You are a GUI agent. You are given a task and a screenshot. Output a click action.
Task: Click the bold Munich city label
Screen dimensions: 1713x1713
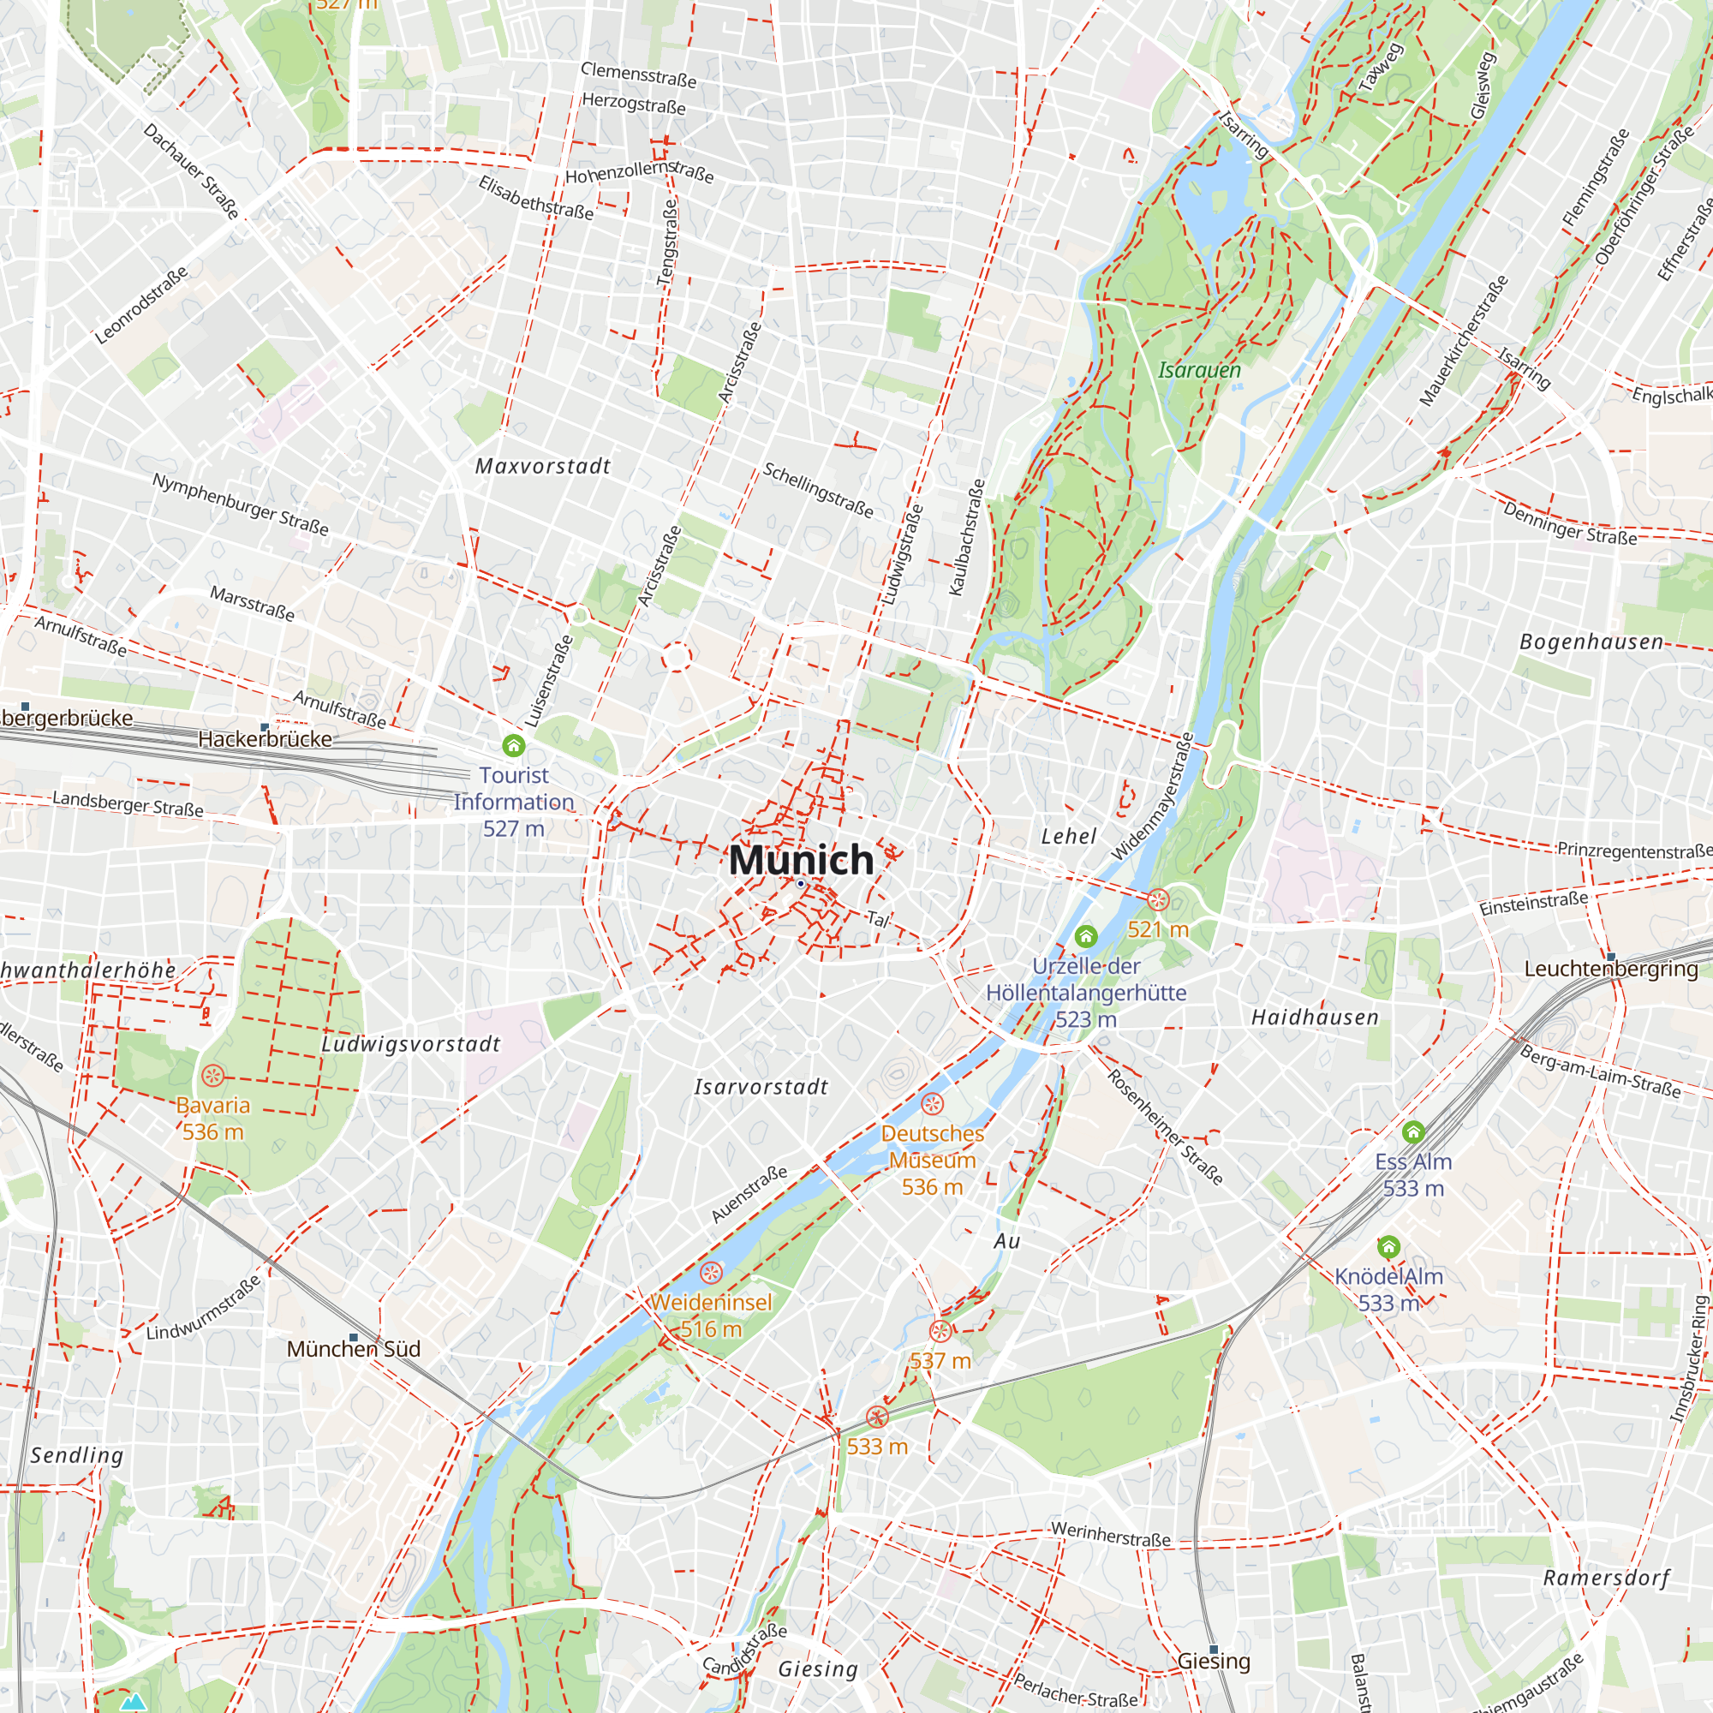(801, 860)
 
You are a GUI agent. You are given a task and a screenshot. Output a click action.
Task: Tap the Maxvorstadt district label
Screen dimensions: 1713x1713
(543, 467)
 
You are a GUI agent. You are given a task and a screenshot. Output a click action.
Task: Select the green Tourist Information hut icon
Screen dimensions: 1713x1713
(513, 745)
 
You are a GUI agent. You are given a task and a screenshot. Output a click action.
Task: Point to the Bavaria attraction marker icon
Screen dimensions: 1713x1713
(212, 1076)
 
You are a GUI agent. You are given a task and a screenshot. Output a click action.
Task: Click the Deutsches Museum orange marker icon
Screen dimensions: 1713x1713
(932, 1104)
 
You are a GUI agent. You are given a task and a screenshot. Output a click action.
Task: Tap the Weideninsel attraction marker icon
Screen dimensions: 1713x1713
(711, 1274)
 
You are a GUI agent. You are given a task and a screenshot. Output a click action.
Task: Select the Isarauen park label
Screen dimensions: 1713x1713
(1199, 370)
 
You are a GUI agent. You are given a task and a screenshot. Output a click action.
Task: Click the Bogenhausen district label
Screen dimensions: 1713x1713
(1591, 642)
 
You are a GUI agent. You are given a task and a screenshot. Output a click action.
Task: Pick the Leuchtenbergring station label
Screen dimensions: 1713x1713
(1611, 969)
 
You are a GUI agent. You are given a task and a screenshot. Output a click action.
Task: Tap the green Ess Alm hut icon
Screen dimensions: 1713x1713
(1413, 1132)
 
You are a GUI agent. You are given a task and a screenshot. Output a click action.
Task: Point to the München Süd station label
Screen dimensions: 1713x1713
(353, 1349)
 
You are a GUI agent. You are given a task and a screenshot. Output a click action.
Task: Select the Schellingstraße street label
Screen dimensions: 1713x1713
(818, 490)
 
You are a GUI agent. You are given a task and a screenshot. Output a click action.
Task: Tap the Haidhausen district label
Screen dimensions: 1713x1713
(1315, 1018)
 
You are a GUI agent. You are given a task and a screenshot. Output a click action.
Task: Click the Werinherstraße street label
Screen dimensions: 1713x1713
(1111, 1534)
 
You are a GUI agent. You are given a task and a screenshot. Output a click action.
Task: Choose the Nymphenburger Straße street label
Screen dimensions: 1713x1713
(241, 504)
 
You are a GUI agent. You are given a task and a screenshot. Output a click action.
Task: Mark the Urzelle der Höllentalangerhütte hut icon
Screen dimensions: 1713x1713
(1086, 936)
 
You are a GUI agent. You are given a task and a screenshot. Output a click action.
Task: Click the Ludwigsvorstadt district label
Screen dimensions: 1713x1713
(410, 1044)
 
